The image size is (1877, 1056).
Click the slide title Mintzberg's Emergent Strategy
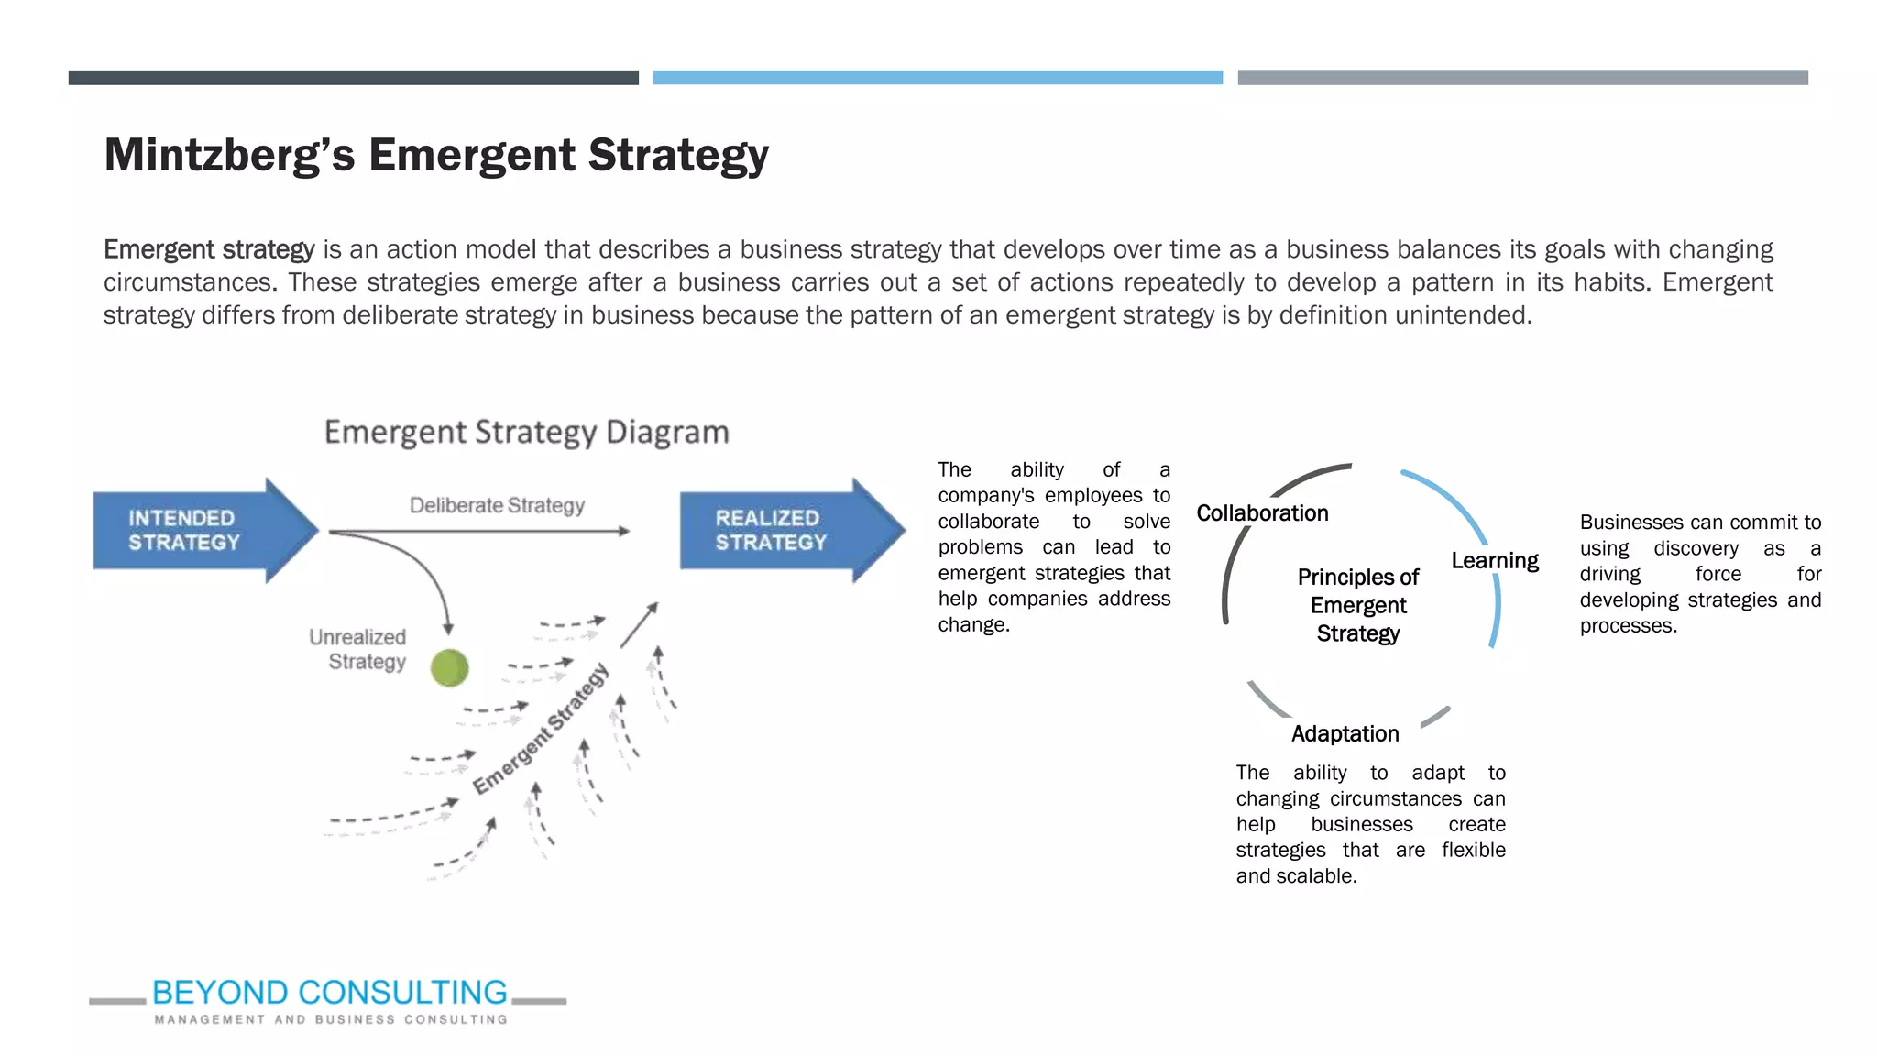(436, 155)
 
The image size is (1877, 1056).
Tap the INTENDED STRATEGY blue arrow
(202, 530)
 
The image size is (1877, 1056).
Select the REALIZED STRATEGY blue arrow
(788, 530)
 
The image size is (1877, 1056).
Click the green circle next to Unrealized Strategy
(449, 667)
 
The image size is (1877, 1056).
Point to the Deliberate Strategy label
(497, 505)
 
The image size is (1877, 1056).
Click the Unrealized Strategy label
(360, 649)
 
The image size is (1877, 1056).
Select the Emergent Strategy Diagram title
(526, 432)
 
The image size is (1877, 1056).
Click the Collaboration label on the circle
(1262, 513)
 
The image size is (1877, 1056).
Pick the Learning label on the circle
(1494, 560)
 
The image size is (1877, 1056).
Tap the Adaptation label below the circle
(1345, 733)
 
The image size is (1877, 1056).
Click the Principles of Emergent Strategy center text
(1357, 605)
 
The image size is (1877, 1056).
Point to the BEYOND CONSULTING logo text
(329, 992)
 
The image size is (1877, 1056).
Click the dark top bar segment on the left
(353, 78)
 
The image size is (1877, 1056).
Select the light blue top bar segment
(937, 78)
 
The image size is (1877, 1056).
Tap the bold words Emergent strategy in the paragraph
(209, 249)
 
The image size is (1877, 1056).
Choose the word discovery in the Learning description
(1696, 548)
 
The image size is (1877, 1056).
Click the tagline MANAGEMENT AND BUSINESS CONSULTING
(331, 1019)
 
